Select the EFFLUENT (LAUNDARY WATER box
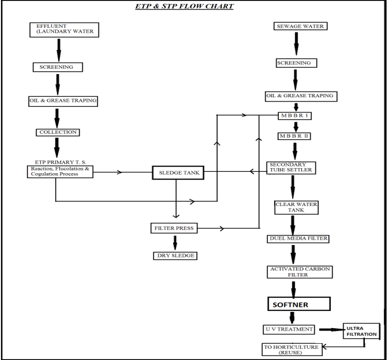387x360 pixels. pyautogui.click(x=64, y=29)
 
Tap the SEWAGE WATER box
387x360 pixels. pyautogui.click(x=300, y=26)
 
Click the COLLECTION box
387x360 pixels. pyautogui.click(x=57, y=132)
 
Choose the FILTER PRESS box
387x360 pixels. pyautogui.click(x=175, y=228)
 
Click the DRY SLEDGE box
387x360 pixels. pyautogui.click(x=175, y=256)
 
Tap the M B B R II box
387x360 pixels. pyautogui.click(x=295, y=136)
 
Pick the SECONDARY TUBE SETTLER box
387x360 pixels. pyautogui.click(x=291, y=167)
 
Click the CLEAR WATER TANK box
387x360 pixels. pyautogui.click(x=296, y=207)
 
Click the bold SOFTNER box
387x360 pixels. pyautogui.click(x=299, y=304)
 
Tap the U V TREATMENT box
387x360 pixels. pyautogui.click(x=289, y=330)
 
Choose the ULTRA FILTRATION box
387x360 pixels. pyautogui.click(x=360, y=331)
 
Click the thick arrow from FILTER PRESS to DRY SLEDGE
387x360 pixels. pyautogui.click(x=175, y=242)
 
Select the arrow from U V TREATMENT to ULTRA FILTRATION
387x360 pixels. pyautogui.click(x=329, y=330)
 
